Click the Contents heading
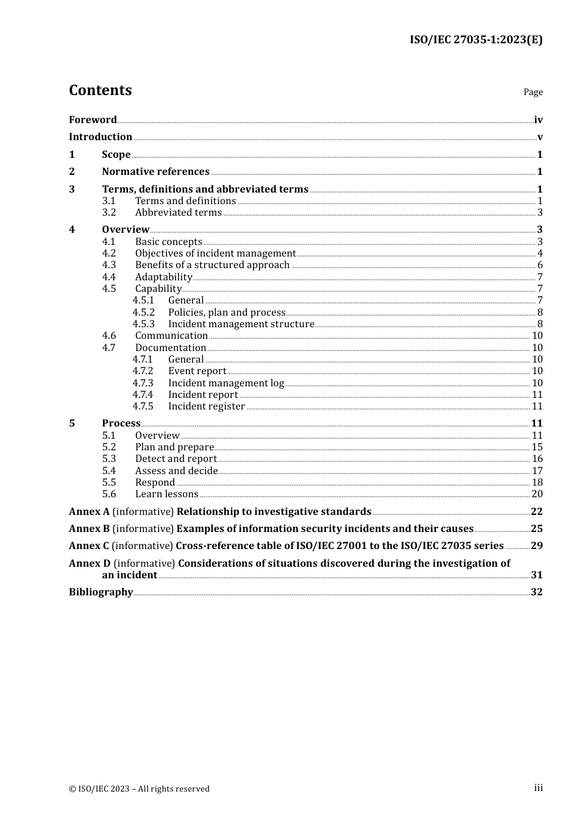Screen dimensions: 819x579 [x=100, y=90]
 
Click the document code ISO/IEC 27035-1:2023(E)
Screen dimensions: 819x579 [x=475, y=40]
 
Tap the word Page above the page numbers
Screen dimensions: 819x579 [x=533, y=92]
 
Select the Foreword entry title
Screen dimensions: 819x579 [x=93, y=120]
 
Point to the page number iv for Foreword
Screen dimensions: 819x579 [x=538, y=120]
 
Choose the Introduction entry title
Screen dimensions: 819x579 [x=101, y=137]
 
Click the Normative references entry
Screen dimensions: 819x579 [x=155, y=172]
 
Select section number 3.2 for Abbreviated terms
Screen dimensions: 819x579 [x=109, y=213]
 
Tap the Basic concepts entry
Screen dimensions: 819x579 [x=168, y=242]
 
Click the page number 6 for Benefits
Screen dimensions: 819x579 [x=540, y=265]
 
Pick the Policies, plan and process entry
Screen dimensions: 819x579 [x=227, y=313]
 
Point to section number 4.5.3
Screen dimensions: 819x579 [x=144, y=324]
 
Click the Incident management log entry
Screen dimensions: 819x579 [x=226, y=383]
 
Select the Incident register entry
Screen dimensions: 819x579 [x=207, y=406]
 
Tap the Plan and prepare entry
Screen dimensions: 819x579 [x=174, y=447]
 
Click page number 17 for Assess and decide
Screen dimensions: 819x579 [x=537, y=471]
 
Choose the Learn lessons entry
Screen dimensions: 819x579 [x=166, y=494]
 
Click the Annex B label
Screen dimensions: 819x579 [x=89, y=529]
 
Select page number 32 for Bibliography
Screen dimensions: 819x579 [x=536, y=592]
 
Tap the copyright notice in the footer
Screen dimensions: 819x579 [x=139, y=789]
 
